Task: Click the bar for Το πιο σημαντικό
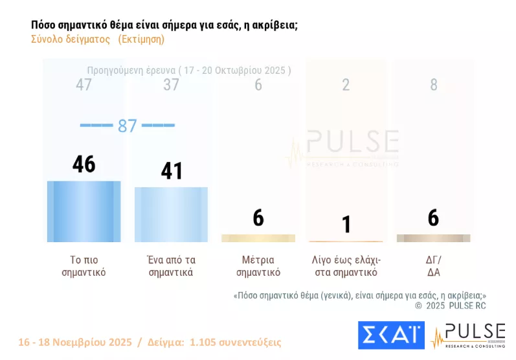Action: (x=84, y=211)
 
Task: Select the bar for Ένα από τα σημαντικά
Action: (x=171, y=214)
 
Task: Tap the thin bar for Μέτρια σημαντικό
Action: (x=258, y=238)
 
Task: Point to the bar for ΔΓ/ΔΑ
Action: (x=433, y=238)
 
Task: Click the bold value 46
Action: (x=84, y=164)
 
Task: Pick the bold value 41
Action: (x=171, y=171)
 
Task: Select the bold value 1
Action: (x=346, y=224)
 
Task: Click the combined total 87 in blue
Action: (x=128, y=126)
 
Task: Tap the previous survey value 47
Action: (x=84, y=85)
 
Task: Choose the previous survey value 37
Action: (x=171, y=85)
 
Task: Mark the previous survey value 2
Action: (x=346, y=85)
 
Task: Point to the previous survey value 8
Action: (x=434, y=85)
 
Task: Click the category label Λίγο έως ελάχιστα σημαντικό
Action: (x=346, y=266)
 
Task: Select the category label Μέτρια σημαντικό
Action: (x=258, y=266)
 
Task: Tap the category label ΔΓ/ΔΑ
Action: (x=433, y=266)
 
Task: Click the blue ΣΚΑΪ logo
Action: (x=391, y=335)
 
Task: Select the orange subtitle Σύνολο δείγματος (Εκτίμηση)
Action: (x=98, y=39)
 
